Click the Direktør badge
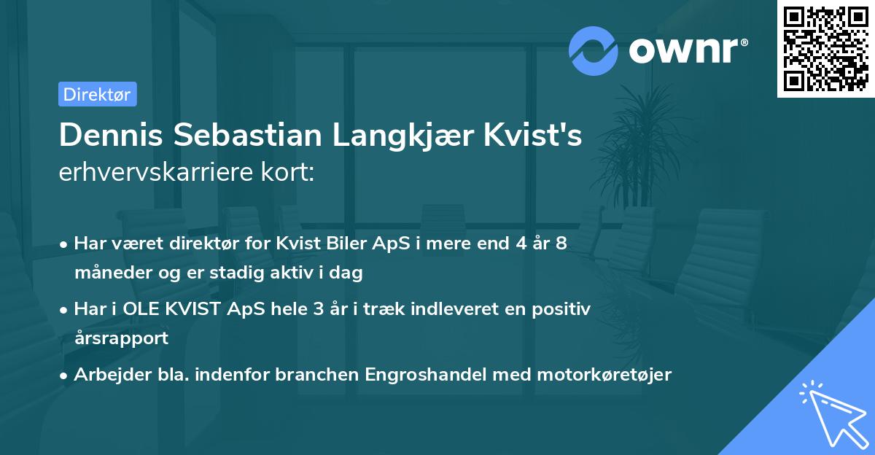click(x=97, y=94)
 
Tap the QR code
click(x=825, y=48)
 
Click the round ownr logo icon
click(x=594, y=50)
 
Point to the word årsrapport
click(x=121, y=338)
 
